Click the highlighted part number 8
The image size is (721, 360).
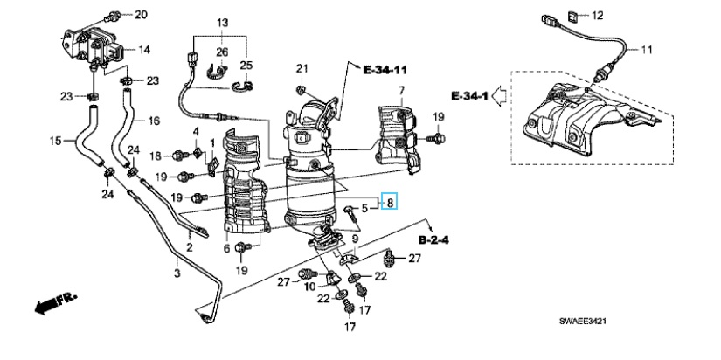(390, 201)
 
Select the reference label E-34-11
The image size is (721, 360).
(385, 71)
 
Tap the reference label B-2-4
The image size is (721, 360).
(433, 240)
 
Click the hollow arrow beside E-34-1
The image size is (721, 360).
(499, 95)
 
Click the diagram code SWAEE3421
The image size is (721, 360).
(583, 321)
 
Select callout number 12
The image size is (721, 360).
(597, 16)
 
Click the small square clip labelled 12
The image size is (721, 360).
(573, 17)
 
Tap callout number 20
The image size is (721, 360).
(141, 15)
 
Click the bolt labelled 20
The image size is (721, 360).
(112, 17)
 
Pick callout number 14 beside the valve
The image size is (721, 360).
(144, 49)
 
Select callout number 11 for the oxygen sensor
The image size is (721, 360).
(647, 49)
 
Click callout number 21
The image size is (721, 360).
(302, 69)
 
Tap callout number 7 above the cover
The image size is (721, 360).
(401, 89)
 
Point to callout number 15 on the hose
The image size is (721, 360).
(56, 141)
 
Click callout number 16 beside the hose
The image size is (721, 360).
(154, 121)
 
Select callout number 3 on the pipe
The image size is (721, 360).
(177, 273)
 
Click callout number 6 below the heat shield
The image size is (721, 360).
(226, 248)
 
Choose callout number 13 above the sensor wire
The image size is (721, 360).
(222, 22)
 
